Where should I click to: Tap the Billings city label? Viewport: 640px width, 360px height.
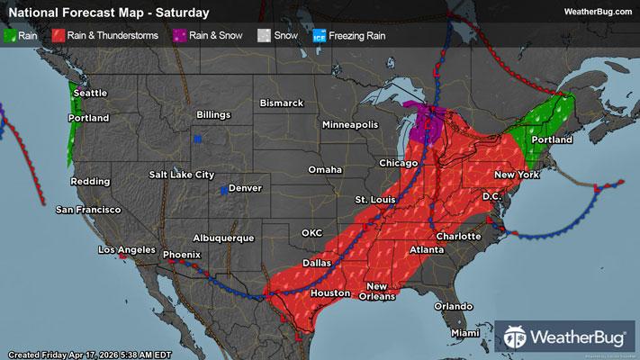coord(214,115)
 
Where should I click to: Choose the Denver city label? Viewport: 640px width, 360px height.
coord(246,189)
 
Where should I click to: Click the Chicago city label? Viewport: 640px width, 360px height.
coord(398,163)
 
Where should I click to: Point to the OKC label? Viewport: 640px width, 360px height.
coord(311,232)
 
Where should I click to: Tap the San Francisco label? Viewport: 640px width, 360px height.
coord(88,210)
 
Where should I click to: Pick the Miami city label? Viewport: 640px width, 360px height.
coord(466,333)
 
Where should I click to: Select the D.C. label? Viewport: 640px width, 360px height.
coord(491,196)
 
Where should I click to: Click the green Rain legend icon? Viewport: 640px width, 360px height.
coord(12,35)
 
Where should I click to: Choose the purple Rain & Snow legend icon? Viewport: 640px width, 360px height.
coord(181,35)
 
